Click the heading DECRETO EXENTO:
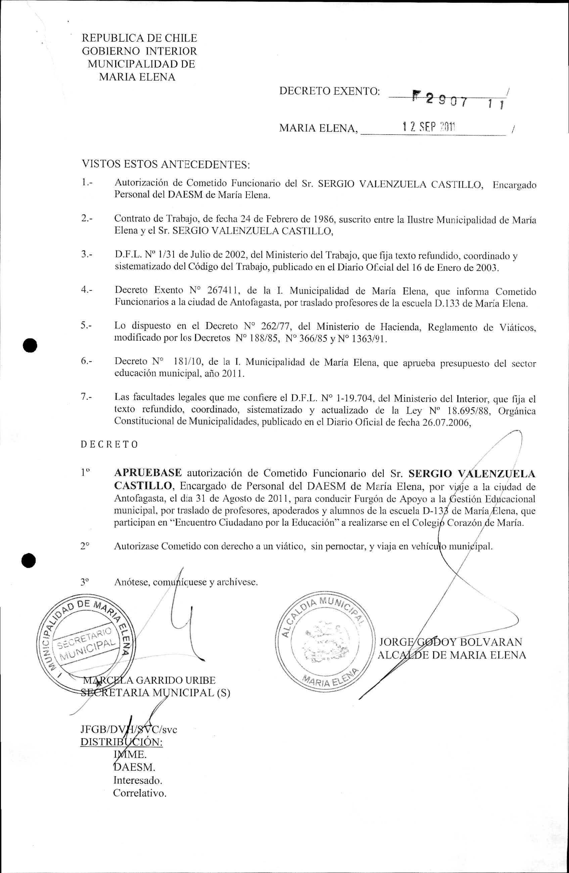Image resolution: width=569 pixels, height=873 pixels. (329, 91)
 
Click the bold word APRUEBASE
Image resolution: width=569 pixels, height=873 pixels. (148, 473)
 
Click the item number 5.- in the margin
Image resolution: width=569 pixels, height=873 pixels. (87, 325)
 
